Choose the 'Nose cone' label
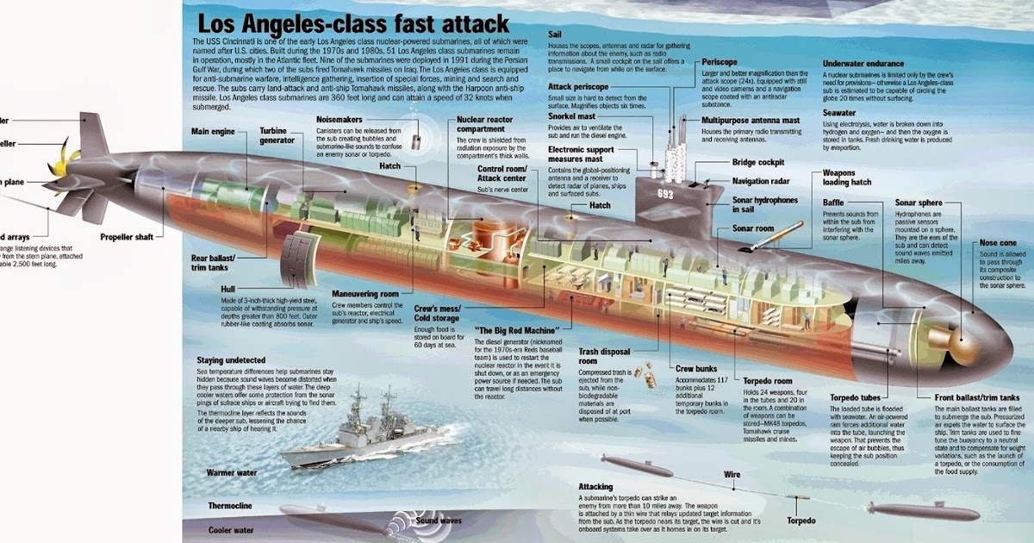click(x=998, y=243)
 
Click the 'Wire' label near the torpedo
click(x=732, y=475)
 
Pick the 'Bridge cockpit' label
click(x=758, y=162)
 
